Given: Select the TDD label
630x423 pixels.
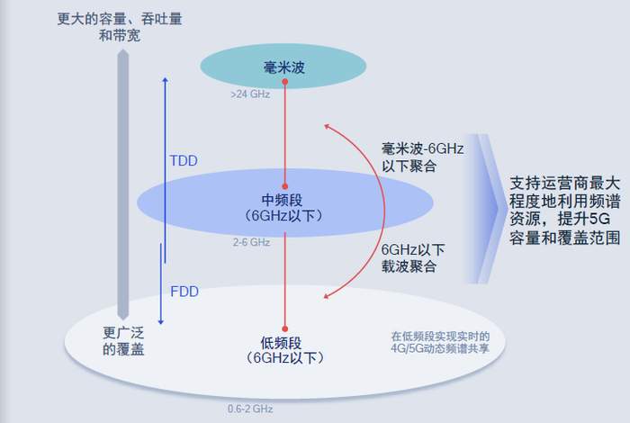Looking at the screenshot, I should coord(184,161).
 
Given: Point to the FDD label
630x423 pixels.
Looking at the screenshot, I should coord(184,292).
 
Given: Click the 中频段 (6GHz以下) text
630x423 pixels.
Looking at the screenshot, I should coord(283,207).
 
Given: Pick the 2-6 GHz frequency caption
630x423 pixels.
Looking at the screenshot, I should coord(251,242).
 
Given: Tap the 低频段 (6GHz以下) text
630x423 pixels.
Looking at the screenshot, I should coord(284,349).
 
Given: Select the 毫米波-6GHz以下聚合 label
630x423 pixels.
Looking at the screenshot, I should coord(422,157).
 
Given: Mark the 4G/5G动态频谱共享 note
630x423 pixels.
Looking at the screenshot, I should coord(440,342).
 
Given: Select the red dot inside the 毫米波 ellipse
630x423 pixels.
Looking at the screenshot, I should coord(284,82).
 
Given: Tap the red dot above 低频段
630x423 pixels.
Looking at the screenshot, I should coord(284,328).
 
